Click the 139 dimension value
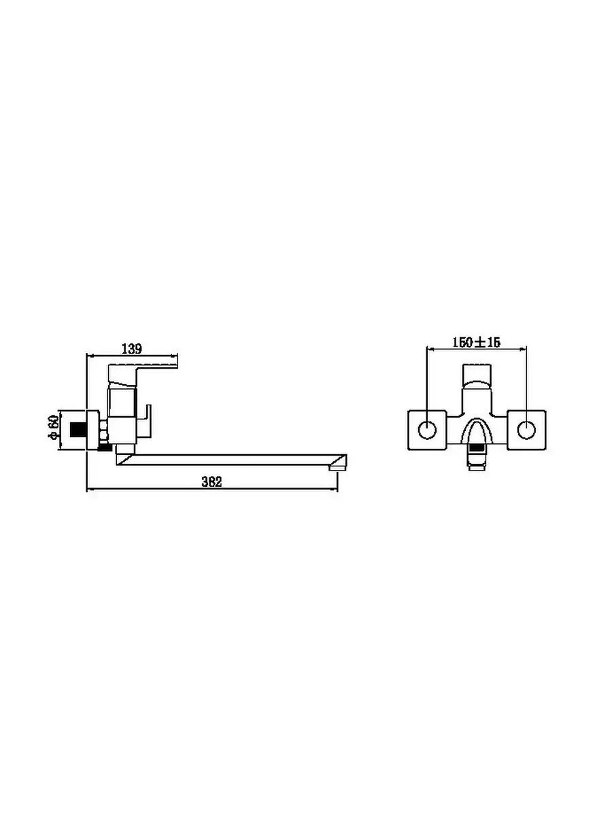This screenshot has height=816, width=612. [x=132, y=349]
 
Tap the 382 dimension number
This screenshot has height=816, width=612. [x=211, y=482]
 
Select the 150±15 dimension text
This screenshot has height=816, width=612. [x=477, y=342]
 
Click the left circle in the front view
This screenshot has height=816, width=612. [x=427, y=430]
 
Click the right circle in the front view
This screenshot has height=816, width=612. [x=526, y=430]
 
